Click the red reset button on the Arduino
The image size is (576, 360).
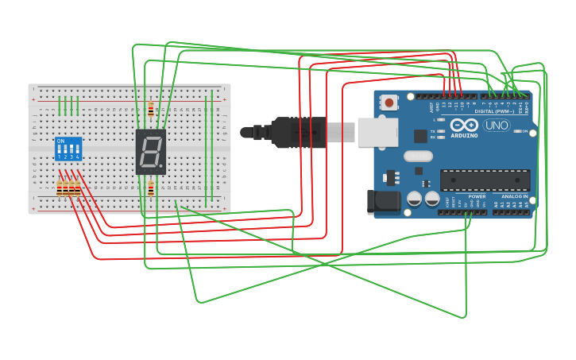tap(389, 102)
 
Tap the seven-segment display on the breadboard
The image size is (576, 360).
tap(150, 151)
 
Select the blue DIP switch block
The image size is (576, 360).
tap(68, 149)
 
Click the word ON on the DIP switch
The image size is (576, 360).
tap(60, 141)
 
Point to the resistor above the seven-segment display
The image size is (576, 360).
tap(150, 109)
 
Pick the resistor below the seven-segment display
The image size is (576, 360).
tap(150, 188)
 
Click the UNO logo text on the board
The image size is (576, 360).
tap(497, 126)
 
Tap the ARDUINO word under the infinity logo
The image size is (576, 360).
tap(465, 136)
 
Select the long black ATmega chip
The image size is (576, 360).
tap(485, 180)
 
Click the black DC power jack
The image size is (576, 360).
tap(383, 202)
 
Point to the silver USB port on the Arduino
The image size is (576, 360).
tap(377, 132)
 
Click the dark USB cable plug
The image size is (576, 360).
tap(298, 132)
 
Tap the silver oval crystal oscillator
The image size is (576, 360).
tap(418, 157)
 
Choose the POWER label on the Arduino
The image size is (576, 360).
tap(477, 196)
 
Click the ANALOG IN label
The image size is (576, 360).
tap(514, 196)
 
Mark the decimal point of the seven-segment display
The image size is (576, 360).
tap(163, 168)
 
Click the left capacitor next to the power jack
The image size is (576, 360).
tap(414, 199)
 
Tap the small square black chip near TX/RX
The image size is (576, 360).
tap(420, 136)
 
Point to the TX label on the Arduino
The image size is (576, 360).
tap(432, 131)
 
